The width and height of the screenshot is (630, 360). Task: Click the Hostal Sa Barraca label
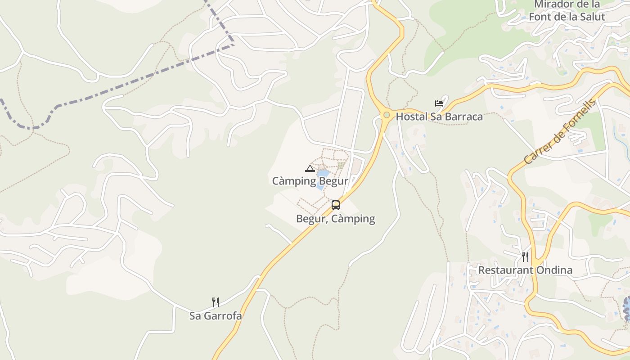(439, 117)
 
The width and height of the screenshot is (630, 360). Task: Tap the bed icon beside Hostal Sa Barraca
(439, 103)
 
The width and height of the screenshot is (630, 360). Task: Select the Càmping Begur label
(310, 181)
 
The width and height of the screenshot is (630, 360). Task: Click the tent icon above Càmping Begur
(310, 169)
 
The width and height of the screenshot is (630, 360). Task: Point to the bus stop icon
(336, 205)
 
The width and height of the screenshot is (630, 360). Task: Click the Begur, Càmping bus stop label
(335, 219)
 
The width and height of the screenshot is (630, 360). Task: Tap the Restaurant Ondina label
(525, 270)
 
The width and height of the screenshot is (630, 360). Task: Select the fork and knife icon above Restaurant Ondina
(525, 257)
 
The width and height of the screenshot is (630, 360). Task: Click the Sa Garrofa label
(215, 316)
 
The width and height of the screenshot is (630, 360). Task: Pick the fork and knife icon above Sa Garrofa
(216, 302)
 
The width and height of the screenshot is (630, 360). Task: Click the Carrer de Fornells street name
(560, 131)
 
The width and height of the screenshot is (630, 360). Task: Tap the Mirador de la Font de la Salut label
(567, 11)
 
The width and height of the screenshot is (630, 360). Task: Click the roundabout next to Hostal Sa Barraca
(386, 115)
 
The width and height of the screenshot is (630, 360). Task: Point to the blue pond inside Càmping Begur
(323, 174)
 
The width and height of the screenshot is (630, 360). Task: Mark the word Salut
(592, 17)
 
